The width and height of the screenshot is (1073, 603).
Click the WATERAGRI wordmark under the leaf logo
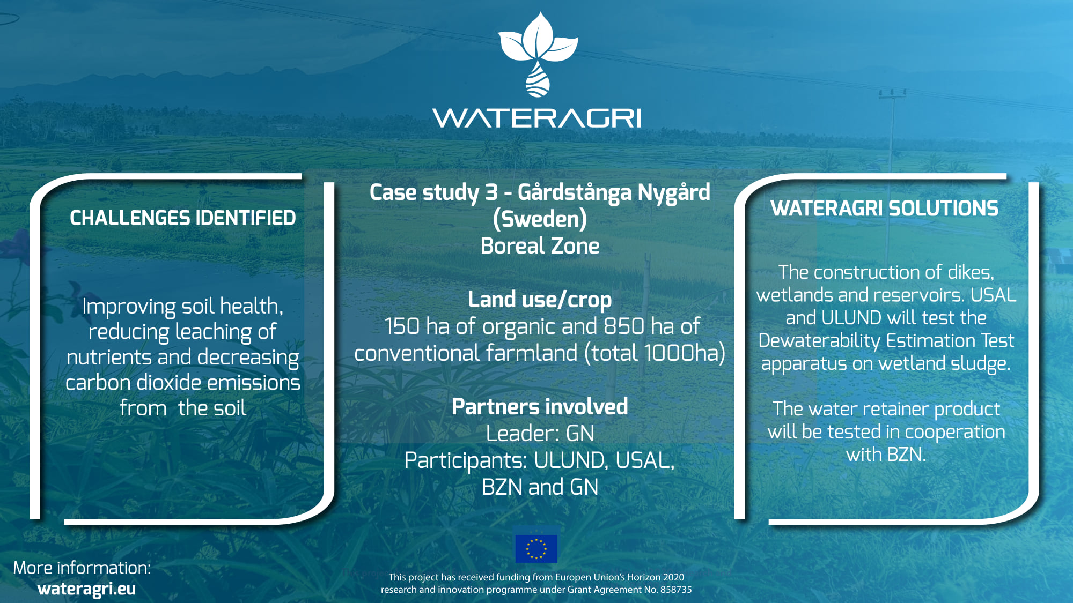536,118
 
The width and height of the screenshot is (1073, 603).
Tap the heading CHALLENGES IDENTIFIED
183,218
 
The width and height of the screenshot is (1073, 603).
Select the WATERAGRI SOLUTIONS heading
885,209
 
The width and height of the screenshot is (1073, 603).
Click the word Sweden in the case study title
540,219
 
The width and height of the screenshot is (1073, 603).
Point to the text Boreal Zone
540,246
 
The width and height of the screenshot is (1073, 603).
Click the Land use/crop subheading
540,300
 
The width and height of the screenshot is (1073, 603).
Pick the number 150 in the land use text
402,326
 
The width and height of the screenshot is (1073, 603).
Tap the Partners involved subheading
540,407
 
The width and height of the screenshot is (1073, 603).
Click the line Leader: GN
540,434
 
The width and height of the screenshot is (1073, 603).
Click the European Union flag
536,548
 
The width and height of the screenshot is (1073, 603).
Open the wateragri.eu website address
87,589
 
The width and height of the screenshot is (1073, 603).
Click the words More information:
82,568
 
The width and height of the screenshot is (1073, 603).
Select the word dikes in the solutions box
971,272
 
